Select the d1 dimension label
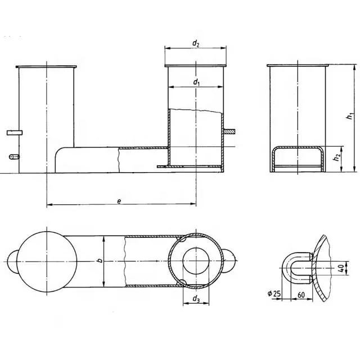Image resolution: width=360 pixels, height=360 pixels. click(x=196, y=82)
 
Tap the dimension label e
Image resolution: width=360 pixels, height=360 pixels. click(x=120, y=201)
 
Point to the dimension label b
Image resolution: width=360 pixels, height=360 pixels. click(x=99, y=261)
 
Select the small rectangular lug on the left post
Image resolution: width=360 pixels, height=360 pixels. click(x=14, y=132)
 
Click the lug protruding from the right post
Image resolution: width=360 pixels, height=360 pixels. click(x=230, y=131)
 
